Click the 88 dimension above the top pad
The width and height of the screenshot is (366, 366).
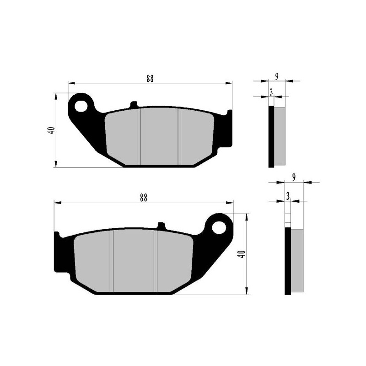click(x=150, y=78)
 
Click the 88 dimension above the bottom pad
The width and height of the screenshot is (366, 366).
click(x=144, y=198)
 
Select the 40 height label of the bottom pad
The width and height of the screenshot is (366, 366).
click(x=242, y=254)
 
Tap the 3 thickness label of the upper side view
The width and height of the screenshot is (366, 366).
click(x=271, y=92)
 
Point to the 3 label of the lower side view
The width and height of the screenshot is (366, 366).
click(x=288, y=196)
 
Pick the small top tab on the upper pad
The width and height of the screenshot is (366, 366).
click(x=134, y=105)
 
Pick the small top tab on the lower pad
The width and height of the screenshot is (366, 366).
click(x=161, y=226)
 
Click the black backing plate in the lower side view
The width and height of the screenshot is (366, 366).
click(x=288, y=261)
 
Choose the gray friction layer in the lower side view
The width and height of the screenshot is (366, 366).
click(x=297, y=261)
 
